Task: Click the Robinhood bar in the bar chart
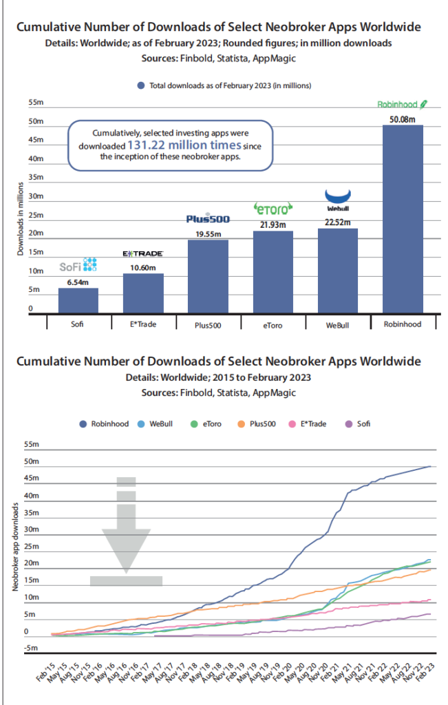click(x=403, y=219)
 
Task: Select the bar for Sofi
click(x=78, y=301)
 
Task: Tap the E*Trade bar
click(x=143, y=293)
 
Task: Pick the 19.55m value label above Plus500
click(x=208, y=234)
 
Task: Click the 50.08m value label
click(x=403, y=119)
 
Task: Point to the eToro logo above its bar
click(x=273, y=208)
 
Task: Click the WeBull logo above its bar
click(x=338, y=198)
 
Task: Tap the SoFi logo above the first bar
click(x=78, y=264)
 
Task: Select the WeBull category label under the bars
click(x=338, y=324)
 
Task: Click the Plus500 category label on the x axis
click(x=208, y=324)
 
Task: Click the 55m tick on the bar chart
click(x=35, y=103)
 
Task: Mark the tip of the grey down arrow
click(x=126, y=572)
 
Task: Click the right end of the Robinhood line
click(x=431, y=466)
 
